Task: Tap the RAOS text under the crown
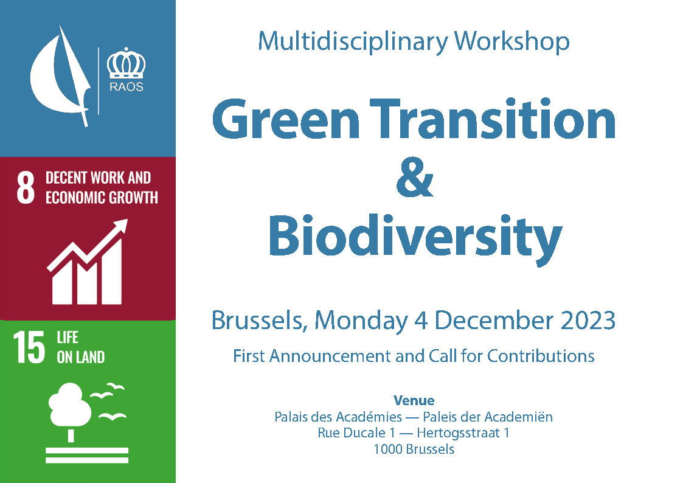coord(127,86)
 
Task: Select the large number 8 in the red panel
coord(26,187)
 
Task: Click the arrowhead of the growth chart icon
coord(120,227)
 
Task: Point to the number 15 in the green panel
coord(29,347)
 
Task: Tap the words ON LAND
coord(80,357)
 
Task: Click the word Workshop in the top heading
coord(512,42)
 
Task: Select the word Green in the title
coord(286,119)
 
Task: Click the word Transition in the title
coord(493,118)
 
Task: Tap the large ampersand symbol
coord(415,177)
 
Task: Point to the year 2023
coord(588,321)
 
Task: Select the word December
coord(494,321)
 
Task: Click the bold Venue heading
coord(414,401)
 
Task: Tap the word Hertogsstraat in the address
coord(458,433)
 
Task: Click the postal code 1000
coord(386,449)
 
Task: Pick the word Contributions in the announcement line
coord(541,356)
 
